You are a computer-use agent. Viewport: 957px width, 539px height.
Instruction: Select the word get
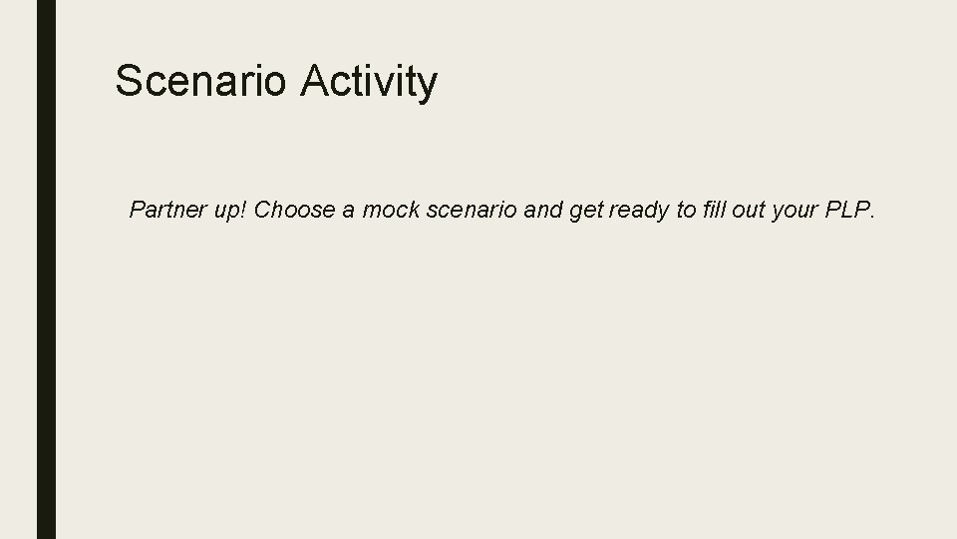pos(586,212)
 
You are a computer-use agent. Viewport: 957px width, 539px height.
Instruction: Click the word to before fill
pos(688,210)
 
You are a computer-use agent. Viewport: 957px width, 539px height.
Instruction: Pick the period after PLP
pos(871,217)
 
